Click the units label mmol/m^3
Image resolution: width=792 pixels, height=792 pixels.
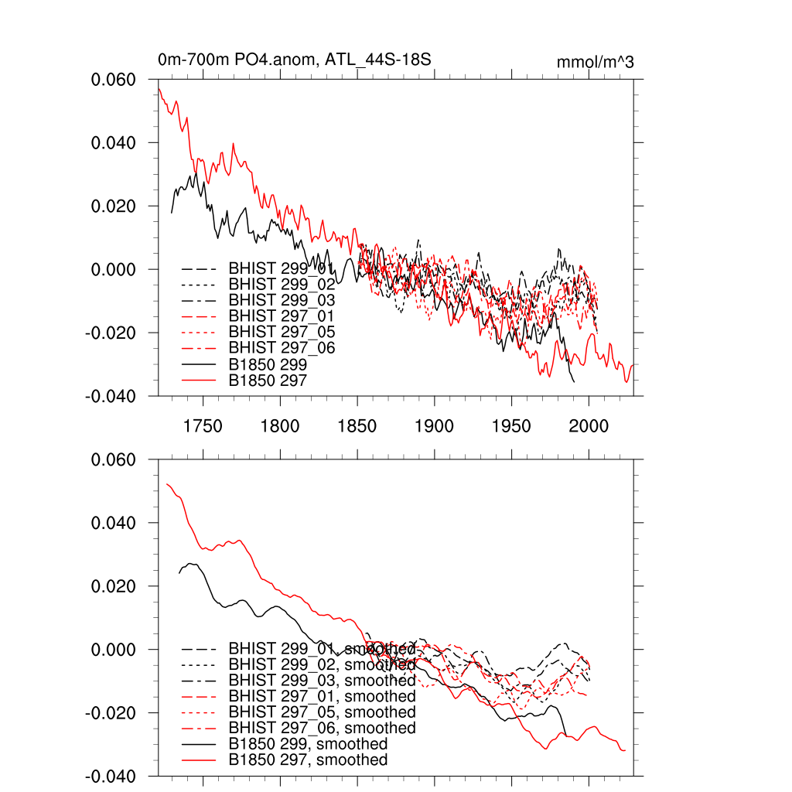click(595, 63)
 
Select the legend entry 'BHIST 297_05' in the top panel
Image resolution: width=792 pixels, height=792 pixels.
click(282, 332)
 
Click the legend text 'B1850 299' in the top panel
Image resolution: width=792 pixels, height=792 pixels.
click(268, 364)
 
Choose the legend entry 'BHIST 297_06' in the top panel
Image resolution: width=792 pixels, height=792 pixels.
click(282, 348)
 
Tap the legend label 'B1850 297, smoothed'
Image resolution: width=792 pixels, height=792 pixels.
click(308, 760)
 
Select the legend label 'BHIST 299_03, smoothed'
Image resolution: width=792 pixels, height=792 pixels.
click(322, 681)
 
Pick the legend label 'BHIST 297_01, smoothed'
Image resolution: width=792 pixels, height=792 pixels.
click(322, 697)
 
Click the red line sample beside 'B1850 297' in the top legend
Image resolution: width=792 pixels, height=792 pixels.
click(198, 381)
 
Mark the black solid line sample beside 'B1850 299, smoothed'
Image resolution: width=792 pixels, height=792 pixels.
click(198, 744)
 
